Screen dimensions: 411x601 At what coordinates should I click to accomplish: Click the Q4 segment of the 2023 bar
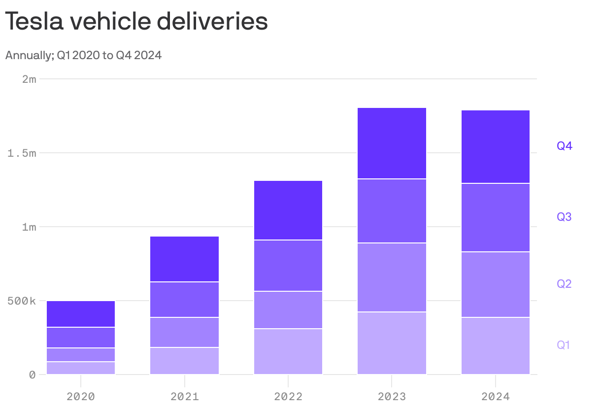(392, 143)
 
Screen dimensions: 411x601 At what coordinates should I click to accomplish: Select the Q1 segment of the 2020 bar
(81, 368)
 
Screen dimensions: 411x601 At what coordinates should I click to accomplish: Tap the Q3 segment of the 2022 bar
(288, 266)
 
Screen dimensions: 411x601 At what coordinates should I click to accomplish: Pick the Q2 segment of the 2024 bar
(496, 284)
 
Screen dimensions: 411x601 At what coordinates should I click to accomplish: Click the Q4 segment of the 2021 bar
(184, 259)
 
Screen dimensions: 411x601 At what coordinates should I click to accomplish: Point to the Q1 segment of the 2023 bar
(392, 343)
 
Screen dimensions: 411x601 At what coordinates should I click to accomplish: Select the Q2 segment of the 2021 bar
(184, 332)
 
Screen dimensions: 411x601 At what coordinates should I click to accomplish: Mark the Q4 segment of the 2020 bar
(81, 314)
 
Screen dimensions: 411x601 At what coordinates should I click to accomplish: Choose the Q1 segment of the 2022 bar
(288, 351)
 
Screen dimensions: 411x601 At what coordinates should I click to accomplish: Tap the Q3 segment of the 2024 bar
(496, 217)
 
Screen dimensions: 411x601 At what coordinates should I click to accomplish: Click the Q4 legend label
(564, 146)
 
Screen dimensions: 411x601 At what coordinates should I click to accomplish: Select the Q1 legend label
(564, 345)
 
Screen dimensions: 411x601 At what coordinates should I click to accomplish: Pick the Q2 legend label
(564, 284)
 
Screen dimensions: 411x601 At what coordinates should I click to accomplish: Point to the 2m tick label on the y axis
(29, 79)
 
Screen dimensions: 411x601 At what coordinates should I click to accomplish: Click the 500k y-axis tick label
(22, 301)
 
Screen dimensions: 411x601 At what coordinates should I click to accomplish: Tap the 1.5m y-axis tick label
(22, 153)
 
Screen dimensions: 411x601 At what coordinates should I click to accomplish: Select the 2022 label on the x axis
(288, 396)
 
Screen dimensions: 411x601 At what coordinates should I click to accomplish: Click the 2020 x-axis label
(81, 396)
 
